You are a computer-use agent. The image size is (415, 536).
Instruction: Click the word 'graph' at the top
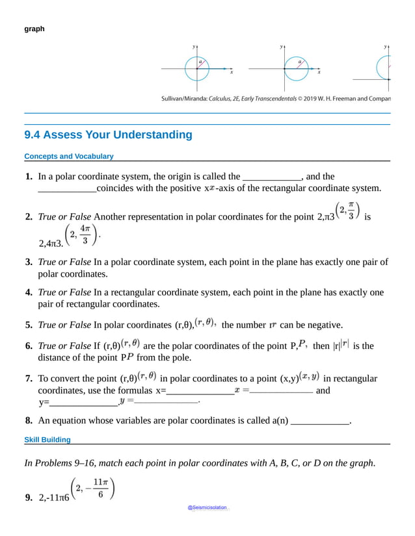pos(34,29)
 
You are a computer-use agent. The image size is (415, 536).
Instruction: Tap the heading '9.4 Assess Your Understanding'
pos(108,135)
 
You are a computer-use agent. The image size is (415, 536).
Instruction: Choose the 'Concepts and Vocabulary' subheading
pos(68,157)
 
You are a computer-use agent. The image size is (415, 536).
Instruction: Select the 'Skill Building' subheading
pos(47,440)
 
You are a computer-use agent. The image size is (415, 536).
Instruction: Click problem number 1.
pos(29,177)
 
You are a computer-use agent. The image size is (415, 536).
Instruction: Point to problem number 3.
pos(29,262)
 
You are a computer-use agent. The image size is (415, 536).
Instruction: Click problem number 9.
pos(29,498)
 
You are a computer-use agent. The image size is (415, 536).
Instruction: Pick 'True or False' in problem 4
pos(64,292)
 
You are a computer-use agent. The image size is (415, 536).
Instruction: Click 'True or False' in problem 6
pos(64,346)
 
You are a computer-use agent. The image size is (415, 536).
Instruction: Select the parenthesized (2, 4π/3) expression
pos(81,235)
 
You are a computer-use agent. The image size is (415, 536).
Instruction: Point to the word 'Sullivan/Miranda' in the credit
pos(183,99)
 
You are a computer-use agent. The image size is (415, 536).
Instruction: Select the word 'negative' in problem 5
pos(323,325)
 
